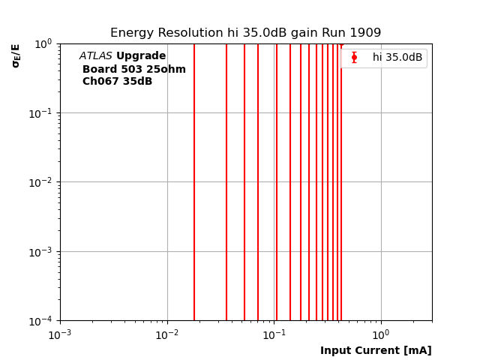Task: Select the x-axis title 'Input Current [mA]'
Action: point(376,350)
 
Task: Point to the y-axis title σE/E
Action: point(16,55)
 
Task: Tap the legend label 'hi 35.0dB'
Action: point(397,58)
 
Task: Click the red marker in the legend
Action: point(354,58)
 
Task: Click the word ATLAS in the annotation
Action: point(95,56)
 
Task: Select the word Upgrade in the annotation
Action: point(141,56)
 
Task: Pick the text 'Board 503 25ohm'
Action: point(134,69)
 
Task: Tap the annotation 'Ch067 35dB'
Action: point(117,82)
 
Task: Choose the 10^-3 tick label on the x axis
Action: point(60,334)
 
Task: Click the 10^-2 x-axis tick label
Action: point(167,334)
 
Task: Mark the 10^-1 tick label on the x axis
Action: point(274,334)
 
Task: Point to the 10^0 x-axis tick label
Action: point(381,334)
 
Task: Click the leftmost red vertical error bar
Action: point(194,180)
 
